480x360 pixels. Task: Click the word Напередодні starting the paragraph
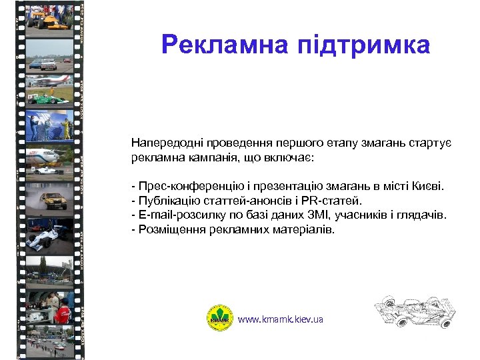(163, 143)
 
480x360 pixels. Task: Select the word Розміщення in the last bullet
(167, 229)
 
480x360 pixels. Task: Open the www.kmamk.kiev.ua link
(281, 319)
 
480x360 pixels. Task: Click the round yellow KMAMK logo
(219, 319)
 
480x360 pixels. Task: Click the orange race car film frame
(49, 17)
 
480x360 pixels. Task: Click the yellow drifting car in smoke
(49, 198)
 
